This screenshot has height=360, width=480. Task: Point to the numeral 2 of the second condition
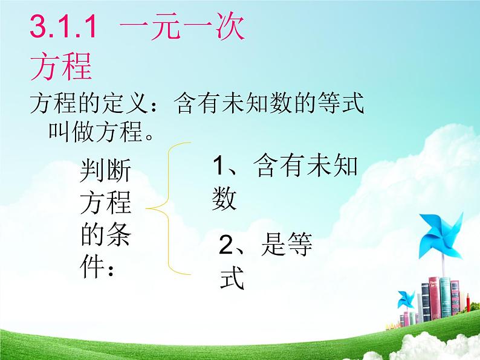[225, 246]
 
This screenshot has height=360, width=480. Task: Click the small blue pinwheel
[406, 300]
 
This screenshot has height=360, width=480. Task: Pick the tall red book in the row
[433, 298]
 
